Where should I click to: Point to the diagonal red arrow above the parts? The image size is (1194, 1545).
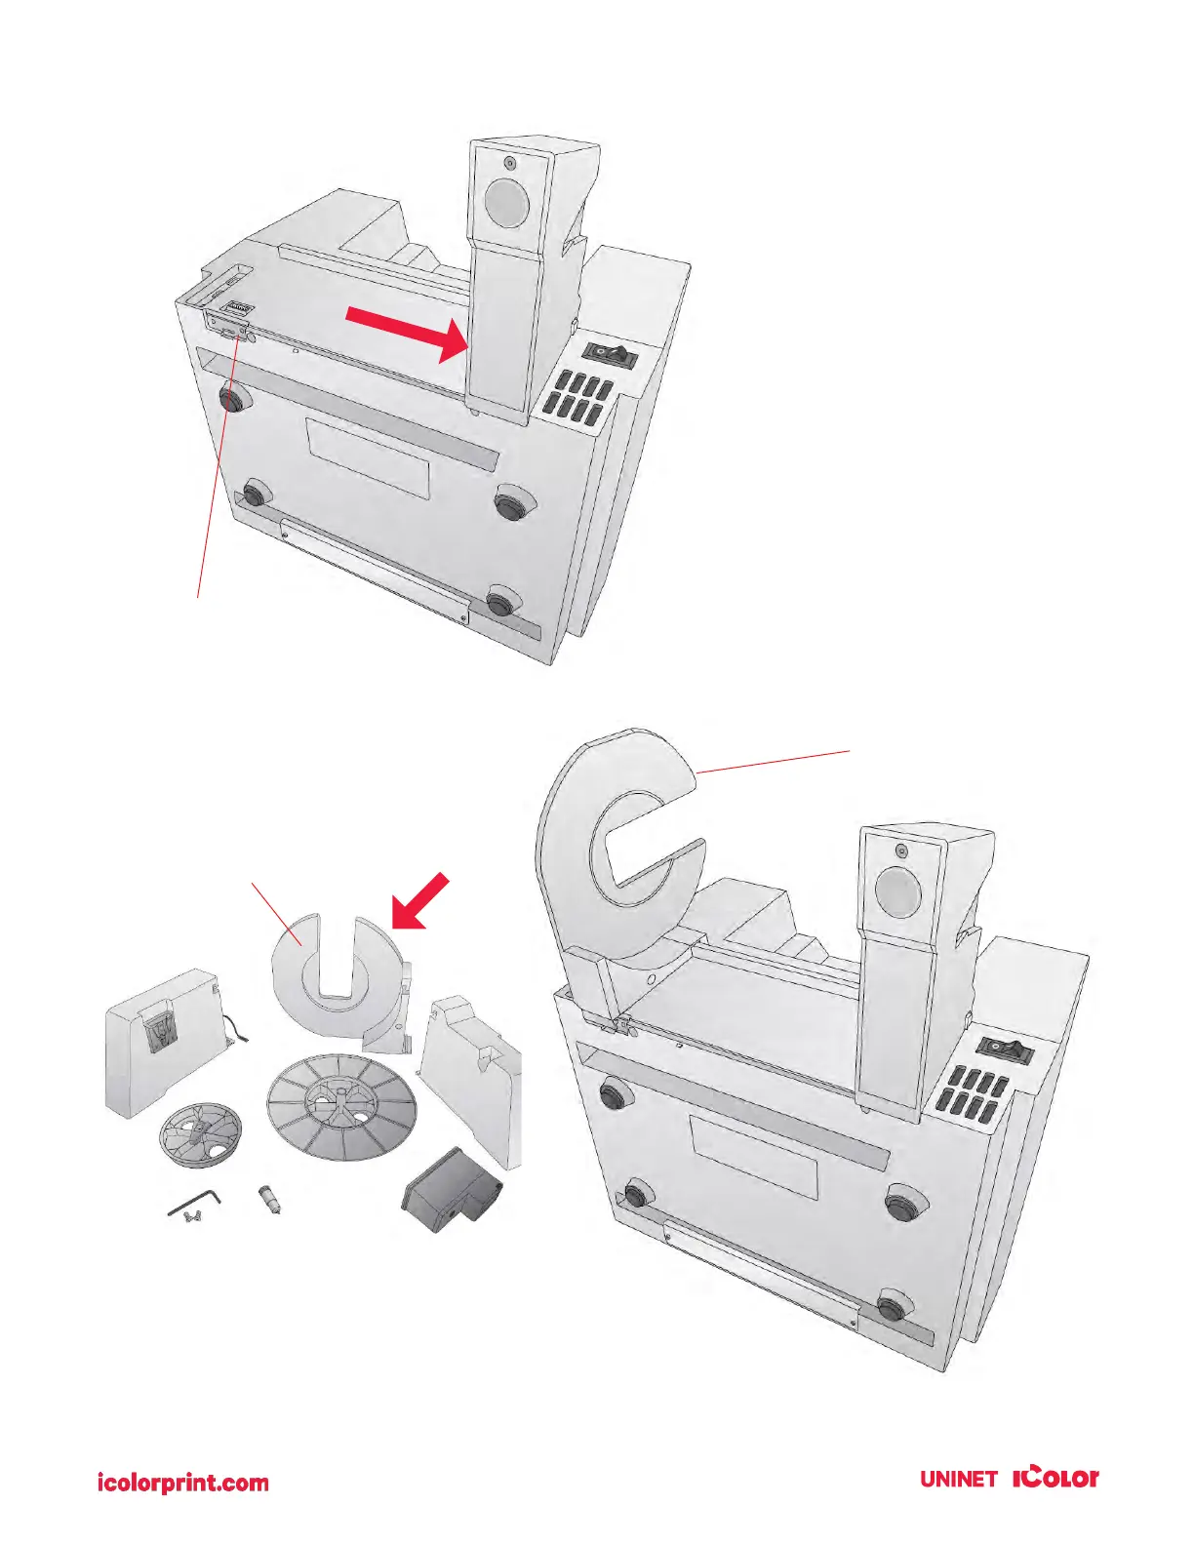pos(421,899)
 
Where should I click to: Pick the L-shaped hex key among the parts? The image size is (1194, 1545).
pos(194,1203)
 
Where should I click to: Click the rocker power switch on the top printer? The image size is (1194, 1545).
pos(610,354)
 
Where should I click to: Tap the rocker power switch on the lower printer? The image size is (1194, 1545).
pos(1005,1051)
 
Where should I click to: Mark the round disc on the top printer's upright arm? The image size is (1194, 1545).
pos(506,201)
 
